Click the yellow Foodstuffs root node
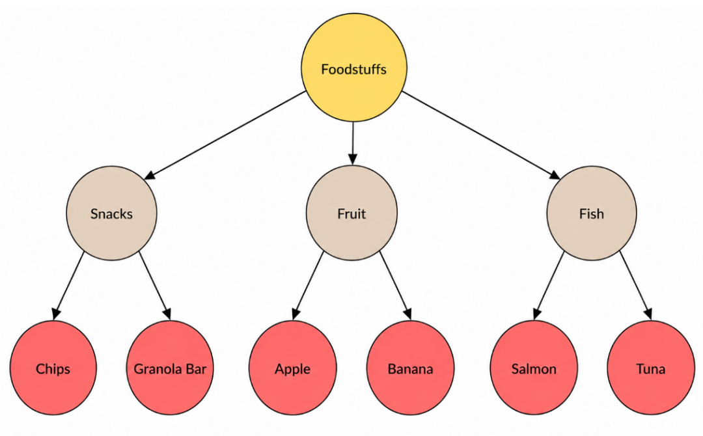click(x=353, y=68)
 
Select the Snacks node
click(x=112, y=213)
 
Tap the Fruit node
click(x=351, y=213)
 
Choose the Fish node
click(x=591, y=213)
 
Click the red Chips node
click(x=53, y=368)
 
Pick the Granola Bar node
click(x=170, y=368)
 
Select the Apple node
click(x=292, y=368)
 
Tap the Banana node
click(x=410, y=368)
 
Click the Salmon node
click(x=534, y=368)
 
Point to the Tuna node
click(x=650, y=368)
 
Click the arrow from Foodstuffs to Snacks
click(x=225, y=135)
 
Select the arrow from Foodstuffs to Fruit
click(x=353, y=143)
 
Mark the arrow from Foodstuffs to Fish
click(x=481, y=135)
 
